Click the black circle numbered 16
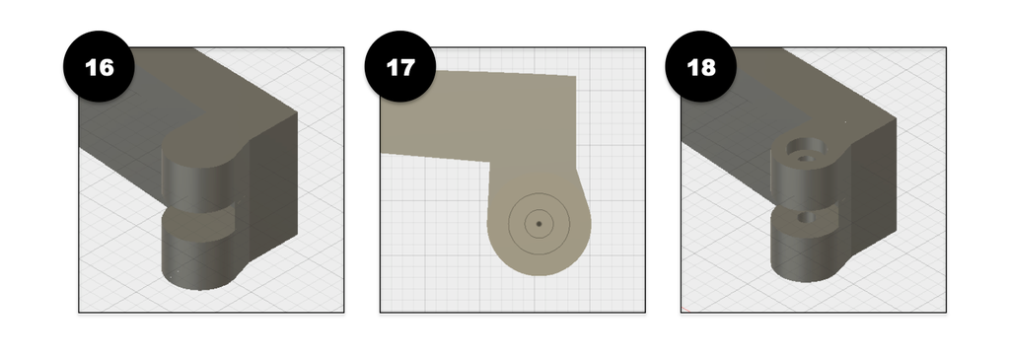[x=99, y=66]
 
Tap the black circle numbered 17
[x=400, y=66]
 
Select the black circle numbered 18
[x=701, y=66]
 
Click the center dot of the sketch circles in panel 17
[x=540, y=224]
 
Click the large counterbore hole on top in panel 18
[x=804, y=149]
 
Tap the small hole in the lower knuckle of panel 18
[x=805, y=218]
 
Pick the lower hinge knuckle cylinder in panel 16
[x=196, y=260]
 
